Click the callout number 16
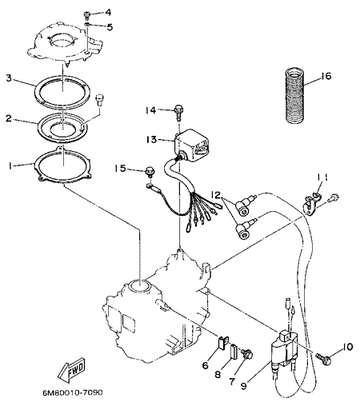(326, 76)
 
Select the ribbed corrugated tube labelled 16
(294, 97)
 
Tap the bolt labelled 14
(178, 113)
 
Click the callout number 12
(216, 195)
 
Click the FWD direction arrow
(72, 370)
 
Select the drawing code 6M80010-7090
(73, 392)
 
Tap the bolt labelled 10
(324, 358)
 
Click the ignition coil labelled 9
(284, 349)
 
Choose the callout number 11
(322, 177)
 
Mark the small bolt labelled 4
(86, 15)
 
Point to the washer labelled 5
(87, 25)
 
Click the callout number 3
(9, 78)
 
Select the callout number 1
(10, 166)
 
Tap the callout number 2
(9, 118)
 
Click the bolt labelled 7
(247, 354)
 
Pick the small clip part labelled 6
(223, 342)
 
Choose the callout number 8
(218, 375)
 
